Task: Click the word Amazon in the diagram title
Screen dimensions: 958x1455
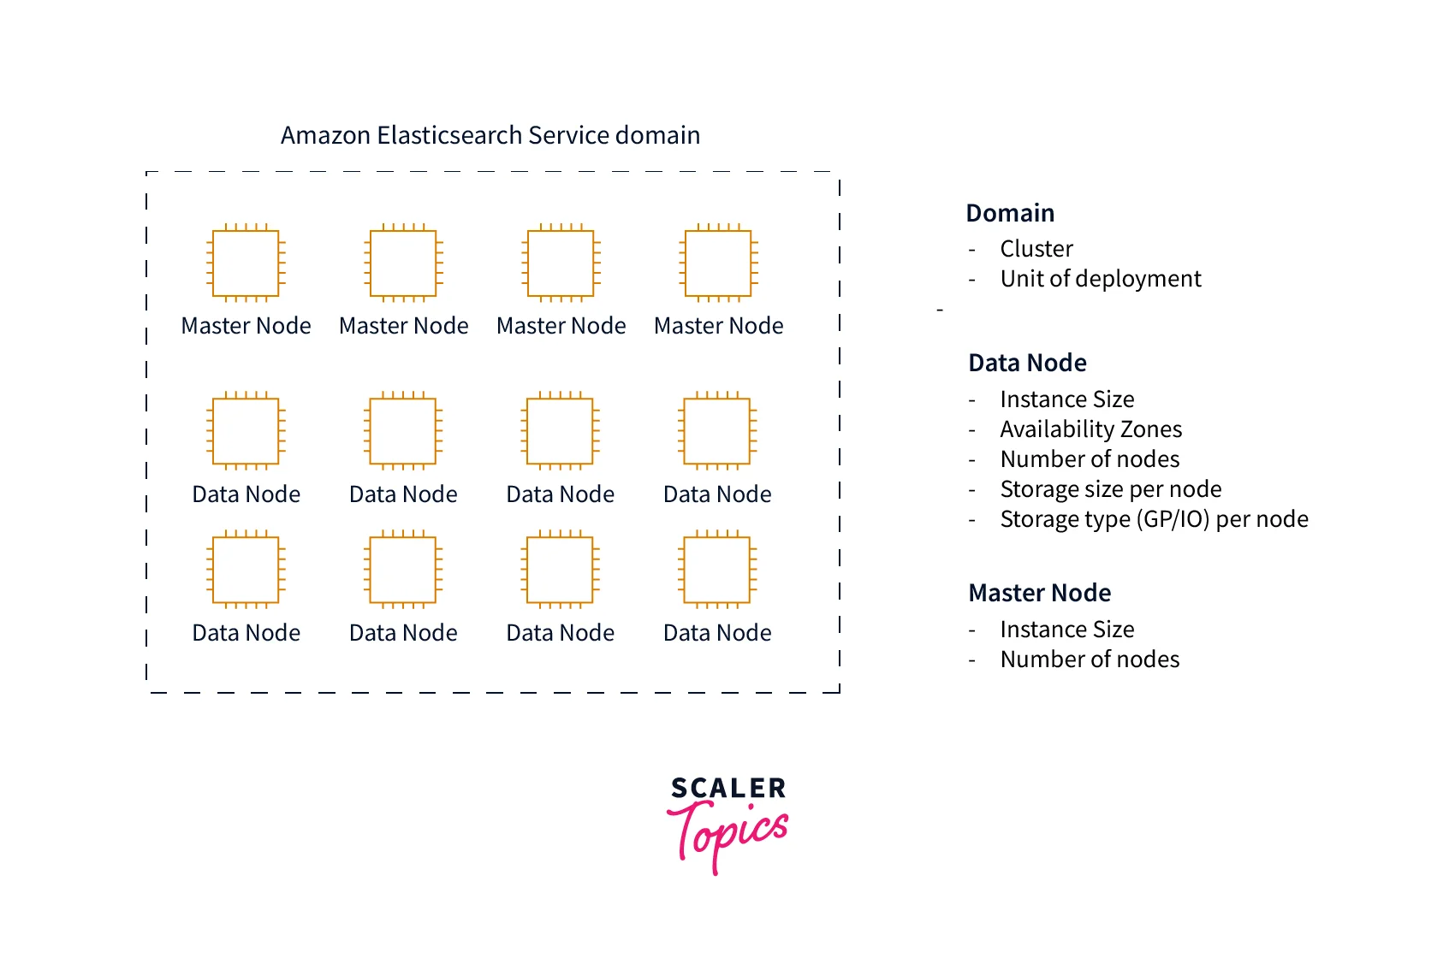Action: click(x=325, y=136)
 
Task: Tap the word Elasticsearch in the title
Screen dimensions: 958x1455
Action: click(x=449, y=136)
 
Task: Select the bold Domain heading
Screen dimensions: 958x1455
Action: click(x=1010, y=213)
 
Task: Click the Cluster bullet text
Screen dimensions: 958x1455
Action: click(x=1036, y=249)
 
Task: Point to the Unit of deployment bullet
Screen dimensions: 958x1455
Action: click(x=1101, y=279)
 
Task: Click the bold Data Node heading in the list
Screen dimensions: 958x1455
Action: click(x=1027, y=363)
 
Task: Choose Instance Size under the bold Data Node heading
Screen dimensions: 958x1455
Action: click(x=1067, y=399)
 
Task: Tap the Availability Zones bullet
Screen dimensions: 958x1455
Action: click(x=1091, y=429)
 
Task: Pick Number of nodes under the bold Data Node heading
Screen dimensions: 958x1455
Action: click(x=1090, y=459)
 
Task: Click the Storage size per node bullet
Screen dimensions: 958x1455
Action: click(x=1111, y=489)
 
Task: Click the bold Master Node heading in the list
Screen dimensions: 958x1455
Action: click(x=1040, y=593)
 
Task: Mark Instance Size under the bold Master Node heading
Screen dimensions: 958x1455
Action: click(x=1067, y=630)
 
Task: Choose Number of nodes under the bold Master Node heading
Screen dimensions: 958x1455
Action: click(x=1090, y=659)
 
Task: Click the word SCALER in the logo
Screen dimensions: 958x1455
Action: click(x=728, y=788)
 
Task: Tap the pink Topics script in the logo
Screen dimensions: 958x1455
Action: click(x=727, y=834)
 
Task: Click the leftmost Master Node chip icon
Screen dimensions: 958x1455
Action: click(x=246, y=263)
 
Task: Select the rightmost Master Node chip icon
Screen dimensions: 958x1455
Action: click(x=719, y=263)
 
